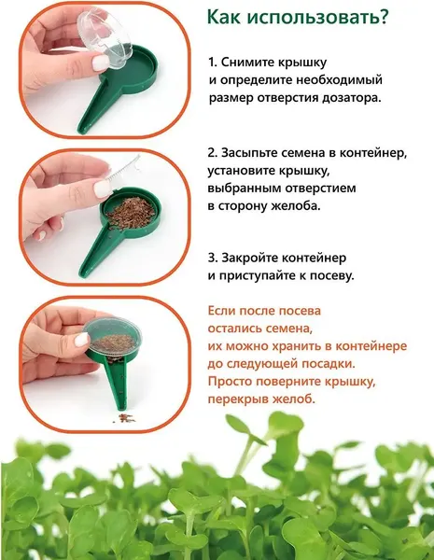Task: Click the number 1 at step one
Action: point(212,63)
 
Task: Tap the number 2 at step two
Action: point(212,152)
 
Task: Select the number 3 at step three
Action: point(212,258)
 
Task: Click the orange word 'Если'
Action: point(222,312)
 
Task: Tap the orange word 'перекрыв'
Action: point(241,399)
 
